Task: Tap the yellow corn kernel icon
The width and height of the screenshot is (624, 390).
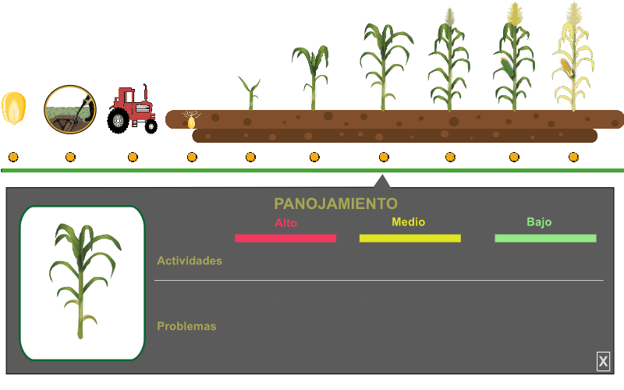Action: coord(14,108)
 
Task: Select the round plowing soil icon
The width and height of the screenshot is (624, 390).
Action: coord(70,109)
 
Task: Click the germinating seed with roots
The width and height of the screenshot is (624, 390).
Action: coord(191,120)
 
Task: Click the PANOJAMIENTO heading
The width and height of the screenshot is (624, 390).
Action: coord(335,204)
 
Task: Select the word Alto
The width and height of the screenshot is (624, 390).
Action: coord(285,222)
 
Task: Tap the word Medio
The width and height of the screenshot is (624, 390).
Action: coord(409,222)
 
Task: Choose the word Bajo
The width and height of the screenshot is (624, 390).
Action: coord(539,222)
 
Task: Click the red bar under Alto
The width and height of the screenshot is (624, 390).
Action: coord(285,238)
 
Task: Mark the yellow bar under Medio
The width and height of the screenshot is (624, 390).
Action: coord(409,238)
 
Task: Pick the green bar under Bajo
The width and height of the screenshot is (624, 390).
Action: coord(545,238)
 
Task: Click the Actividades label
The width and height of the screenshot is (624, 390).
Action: coord(190,261)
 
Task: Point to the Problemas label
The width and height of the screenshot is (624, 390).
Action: coord(186,326)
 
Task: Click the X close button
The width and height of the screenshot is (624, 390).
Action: coord(603,361)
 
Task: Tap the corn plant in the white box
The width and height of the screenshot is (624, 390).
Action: coord(83,281)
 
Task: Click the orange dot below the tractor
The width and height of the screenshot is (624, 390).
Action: coord(133,157)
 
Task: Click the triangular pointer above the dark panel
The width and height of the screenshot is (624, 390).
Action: coord(381,183)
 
